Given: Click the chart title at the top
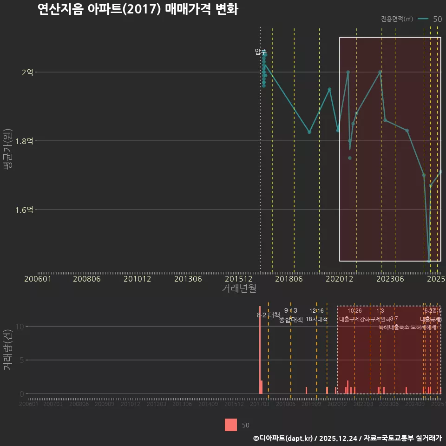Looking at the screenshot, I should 138,9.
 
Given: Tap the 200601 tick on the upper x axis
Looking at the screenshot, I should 38,279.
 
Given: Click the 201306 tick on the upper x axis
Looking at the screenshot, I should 188,279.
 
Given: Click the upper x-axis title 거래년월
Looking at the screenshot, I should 239,289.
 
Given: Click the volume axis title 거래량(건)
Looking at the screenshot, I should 7,351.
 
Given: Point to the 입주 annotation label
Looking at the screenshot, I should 261,52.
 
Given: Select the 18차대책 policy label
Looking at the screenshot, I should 317,319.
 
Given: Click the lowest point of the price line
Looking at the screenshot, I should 429,261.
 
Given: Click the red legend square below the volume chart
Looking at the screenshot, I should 231,425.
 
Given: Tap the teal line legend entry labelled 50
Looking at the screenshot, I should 429,19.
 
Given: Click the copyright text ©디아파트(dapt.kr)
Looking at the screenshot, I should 283,438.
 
